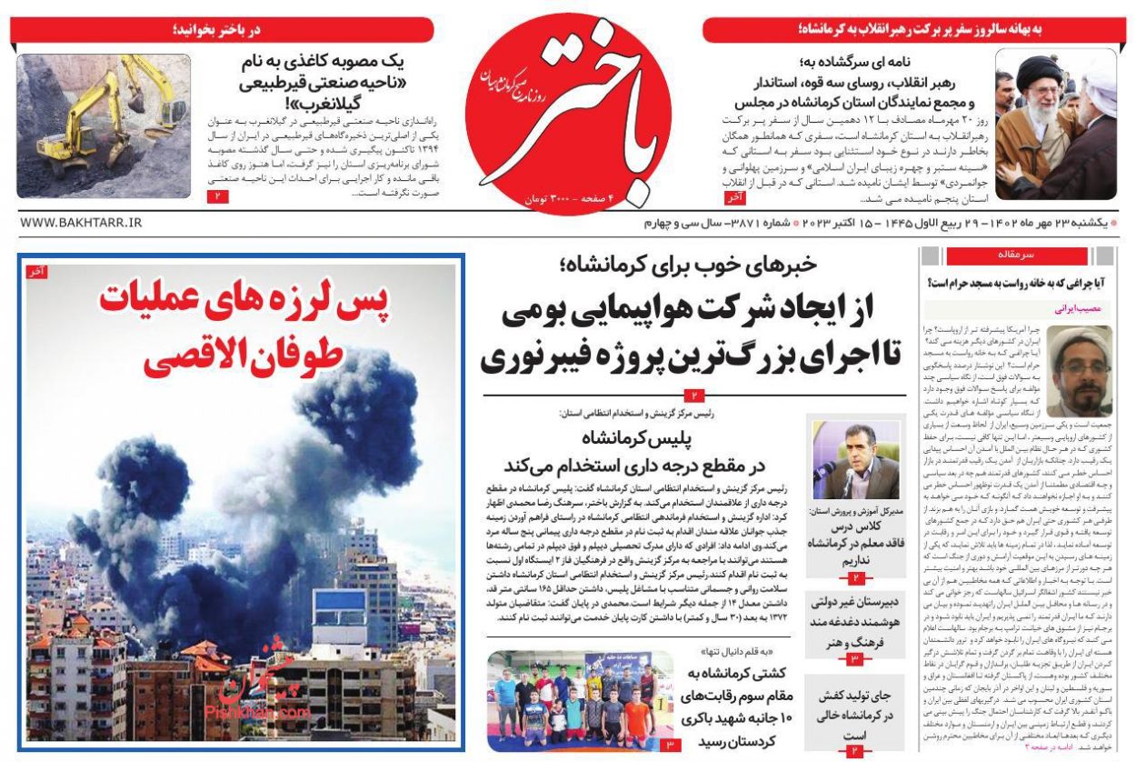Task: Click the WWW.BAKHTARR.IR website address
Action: click(x=81, y=222)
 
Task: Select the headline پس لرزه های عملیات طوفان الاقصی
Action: click(x=243, y=328)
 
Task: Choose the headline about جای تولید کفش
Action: click(x=853, y=714)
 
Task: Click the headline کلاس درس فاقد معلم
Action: click(x=853, y=543)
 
